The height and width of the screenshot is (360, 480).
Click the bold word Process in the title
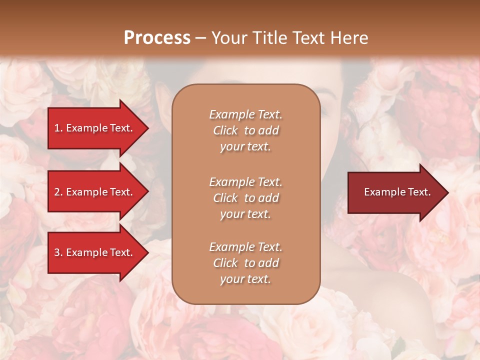pos(157,38)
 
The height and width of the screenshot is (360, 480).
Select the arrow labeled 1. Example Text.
pos(95,128)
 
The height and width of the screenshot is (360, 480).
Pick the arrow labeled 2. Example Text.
pos(95,192)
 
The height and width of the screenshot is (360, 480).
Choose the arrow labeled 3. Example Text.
pos(95,252)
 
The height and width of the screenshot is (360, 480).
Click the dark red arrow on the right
pos(395,192)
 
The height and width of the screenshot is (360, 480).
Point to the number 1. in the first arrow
pos(58,128)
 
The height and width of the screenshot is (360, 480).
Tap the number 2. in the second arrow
pos(58,192)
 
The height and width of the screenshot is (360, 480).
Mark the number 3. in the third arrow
pos(58,252)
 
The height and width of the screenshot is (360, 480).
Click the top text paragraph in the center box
pos(245,130)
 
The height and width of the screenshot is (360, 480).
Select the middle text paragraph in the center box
pos(245,198)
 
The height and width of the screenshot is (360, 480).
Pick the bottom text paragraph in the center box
pos(245,263)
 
